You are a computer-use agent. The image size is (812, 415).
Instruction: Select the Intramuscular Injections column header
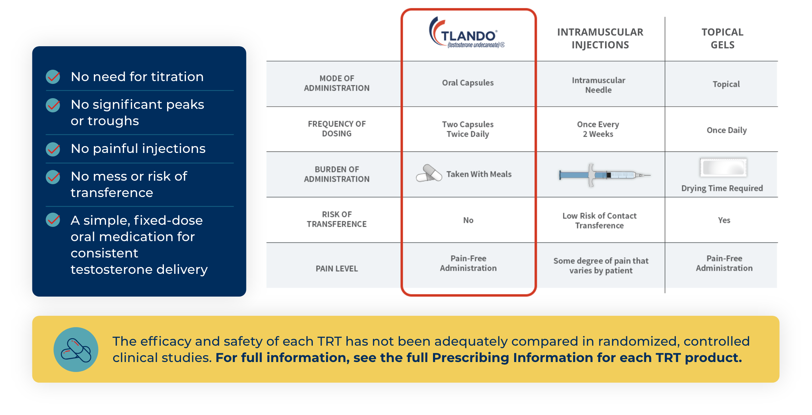coord(600,38)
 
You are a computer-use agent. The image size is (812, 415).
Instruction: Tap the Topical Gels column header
coord(722,38)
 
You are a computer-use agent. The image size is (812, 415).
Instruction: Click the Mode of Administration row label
coord(336,83)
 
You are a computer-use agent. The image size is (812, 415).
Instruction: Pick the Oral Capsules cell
coord(468,83)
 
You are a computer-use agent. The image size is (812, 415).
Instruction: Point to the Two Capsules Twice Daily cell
coord(468,129)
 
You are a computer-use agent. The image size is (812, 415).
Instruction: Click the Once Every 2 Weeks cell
coord(598,129)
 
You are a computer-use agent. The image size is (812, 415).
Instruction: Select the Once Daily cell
coord(727,130)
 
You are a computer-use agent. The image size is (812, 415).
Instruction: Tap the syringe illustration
coord(603,175)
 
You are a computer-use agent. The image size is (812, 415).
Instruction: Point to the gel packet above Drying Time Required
coord(723,167)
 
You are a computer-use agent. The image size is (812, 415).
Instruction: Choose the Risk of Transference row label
coord(336,219)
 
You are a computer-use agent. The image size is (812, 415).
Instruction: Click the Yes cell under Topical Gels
coord(724,220)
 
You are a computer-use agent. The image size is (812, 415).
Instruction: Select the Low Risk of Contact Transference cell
coord(599,220)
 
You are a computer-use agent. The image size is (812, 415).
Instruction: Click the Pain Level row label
coord(336,268)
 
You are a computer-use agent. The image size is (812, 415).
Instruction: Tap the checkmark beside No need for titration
coord(53,77)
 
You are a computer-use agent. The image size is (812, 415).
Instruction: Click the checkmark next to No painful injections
coord(53,149)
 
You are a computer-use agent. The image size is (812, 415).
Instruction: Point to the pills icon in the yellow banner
coord(76,350)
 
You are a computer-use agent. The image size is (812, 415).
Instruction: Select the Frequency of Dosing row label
coord(336,129)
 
